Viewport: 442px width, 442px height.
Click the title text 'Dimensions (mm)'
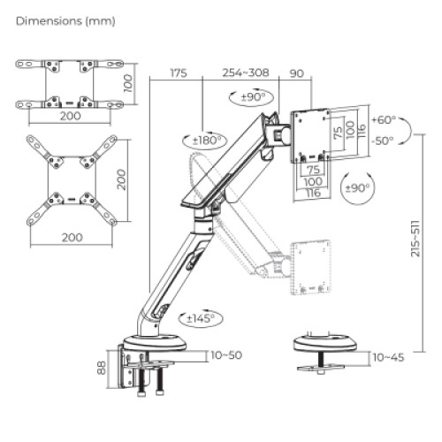click(x=65, y=19)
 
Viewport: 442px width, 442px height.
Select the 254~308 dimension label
click(x=245, y=73)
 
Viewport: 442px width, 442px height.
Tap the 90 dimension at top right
click(x=296, y=73)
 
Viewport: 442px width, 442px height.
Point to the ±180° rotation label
click(x=209, y=140)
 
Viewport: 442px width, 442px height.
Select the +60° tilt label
click(x=385, y=119)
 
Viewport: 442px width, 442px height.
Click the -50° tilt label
click(x=384, y=141)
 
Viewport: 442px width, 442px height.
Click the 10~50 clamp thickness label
click(x=227, y=355)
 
